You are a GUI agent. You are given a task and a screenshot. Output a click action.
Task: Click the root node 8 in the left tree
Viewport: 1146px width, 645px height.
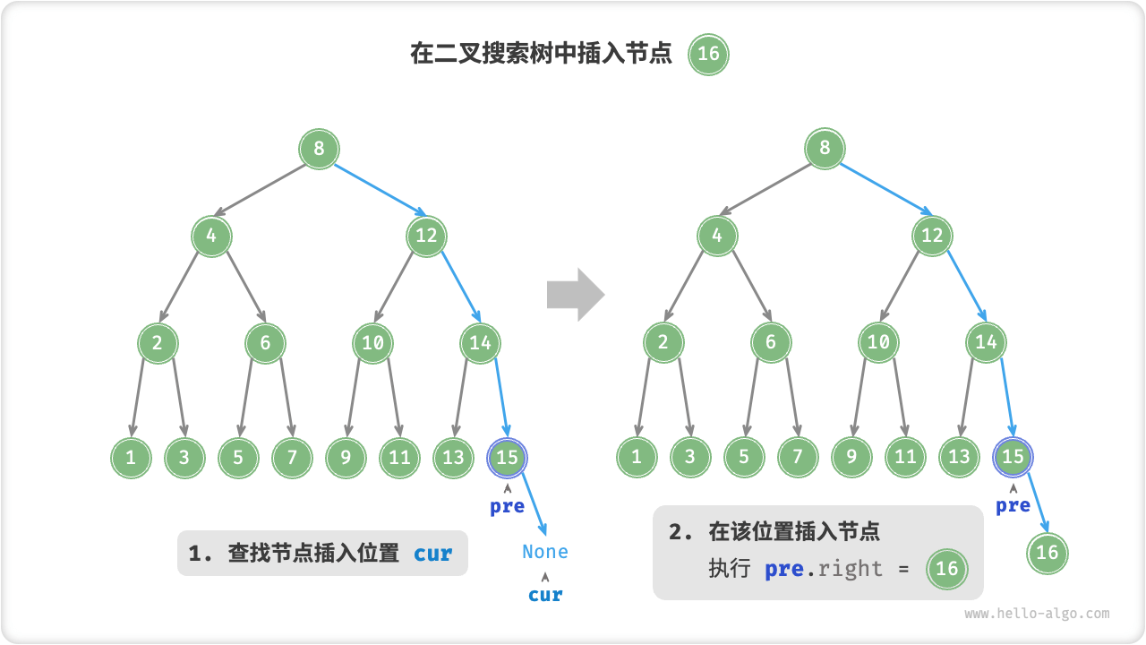pyautogui.click(x=319, y=148)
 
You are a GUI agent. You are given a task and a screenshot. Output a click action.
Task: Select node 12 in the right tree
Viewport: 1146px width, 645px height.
pyautogui.click(x=933, y=236)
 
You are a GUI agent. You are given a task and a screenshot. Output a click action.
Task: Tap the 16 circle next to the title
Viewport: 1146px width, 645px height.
pyautogui.click(x=708, y=54)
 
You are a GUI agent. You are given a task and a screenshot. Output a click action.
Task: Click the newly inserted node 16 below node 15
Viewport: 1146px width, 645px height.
pyautogui.click(x=1048, y=553)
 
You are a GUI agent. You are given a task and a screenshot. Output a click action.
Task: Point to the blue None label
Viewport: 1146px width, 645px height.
pyautogui.click(x=545, y=552)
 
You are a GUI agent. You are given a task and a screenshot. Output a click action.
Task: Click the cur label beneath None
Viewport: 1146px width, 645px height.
pyautogui.click(x=545, y=595)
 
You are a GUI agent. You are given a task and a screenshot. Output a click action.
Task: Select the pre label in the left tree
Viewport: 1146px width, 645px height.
pyautogui.click(x=507, y=506)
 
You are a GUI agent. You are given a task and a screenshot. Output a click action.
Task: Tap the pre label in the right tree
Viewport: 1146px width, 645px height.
pyautogui.click(x=1013, y=506)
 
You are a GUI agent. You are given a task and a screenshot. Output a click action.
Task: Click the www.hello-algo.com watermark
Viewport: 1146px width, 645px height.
pyautogui.click(x=1037, y=614)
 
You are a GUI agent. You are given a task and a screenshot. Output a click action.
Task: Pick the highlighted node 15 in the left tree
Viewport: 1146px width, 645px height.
pyautogui.click(x=508, y=458)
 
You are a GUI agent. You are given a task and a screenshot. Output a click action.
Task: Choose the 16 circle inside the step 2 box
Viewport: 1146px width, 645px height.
pyautogui.click(x=947, y=568)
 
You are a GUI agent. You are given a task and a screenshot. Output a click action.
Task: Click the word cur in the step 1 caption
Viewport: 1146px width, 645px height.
pyautogui.click(x=433, y=554)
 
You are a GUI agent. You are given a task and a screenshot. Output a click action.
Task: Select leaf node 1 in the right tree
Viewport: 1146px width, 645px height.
pyautogui.click(x=637, y=458)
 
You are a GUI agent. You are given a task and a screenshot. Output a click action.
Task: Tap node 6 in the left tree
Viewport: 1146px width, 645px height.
pyautogui.click(x=266, y=342)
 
